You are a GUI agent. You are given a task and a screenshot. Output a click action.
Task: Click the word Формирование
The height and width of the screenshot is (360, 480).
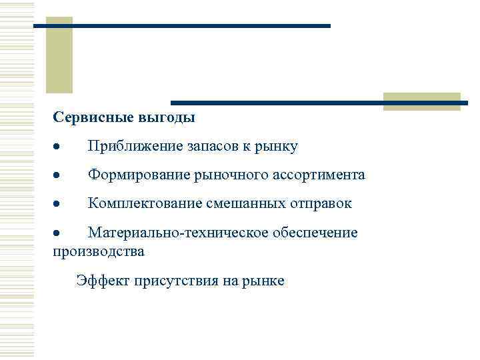pyautogui.click(x=137, y=175)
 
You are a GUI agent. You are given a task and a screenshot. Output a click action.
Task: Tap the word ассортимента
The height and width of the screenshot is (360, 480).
pyautogui.click(x=319, y=175)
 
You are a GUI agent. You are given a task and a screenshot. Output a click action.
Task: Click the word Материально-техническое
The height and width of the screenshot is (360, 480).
pyautogui.click(x=178, y=233)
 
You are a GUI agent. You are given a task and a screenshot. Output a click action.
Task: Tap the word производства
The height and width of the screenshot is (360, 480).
pyautogui.click(x=98, y=252)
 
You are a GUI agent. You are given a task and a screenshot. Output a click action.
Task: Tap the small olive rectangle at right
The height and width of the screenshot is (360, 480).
pyautogui.click(x=421, y=101)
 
